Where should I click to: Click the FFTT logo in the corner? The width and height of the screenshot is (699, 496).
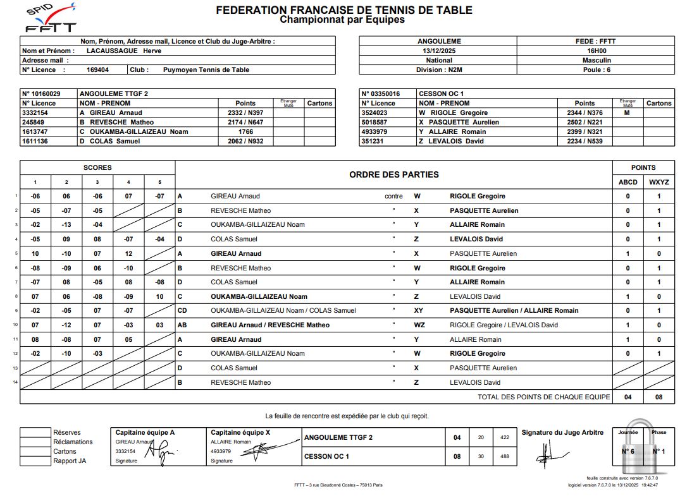click(51, 18)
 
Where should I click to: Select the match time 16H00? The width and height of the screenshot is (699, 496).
click(596, 51)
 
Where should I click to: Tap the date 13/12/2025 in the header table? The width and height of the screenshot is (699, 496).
click(438, 51)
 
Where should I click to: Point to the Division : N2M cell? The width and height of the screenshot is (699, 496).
click(438, 70)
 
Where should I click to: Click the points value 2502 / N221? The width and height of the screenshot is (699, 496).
click(585, 123)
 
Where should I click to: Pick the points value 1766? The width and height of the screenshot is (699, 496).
click(245, 132)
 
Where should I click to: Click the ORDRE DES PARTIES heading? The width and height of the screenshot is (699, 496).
click(393, 174)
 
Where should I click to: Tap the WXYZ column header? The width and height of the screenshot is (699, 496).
click(659, 182)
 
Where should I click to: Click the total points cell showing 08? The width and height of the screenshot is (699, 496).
click(659, 397)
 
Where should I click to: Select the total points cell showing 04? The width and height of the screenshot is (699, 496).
click(628, 397)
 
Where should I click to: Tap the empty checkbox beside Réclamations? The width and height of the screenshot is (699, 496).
click(35, 442)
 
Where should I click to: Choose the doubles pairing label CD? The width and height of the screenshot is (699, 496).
click(182, 311)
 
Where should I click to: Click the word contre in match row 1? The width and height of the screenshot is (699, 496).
click(393, 197)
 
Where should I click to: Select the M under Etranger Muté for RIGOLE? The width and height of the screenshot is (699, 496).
click(627, 113)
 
